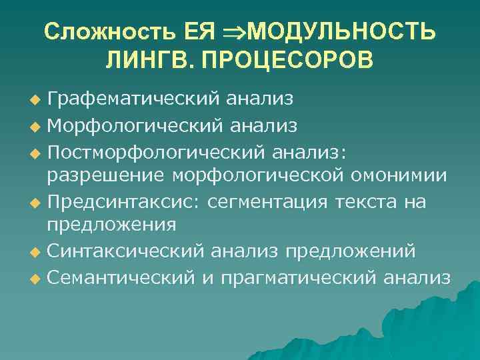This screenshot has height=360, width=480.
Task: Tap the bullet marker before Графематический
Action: tap(36, 101)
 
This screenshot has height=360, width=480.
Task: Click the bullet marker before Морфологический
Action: tap(36, 126)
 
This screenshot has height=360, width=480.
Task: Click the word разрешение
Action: tap(105, 175)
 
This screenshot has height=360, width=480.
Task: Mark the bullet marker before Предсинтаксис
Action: tap(36, 201)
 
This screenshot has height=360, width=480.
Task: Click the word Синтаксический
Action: tap(126, 251)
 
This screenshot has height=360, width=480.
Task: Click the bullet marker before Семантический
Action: tap(36, 276)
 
